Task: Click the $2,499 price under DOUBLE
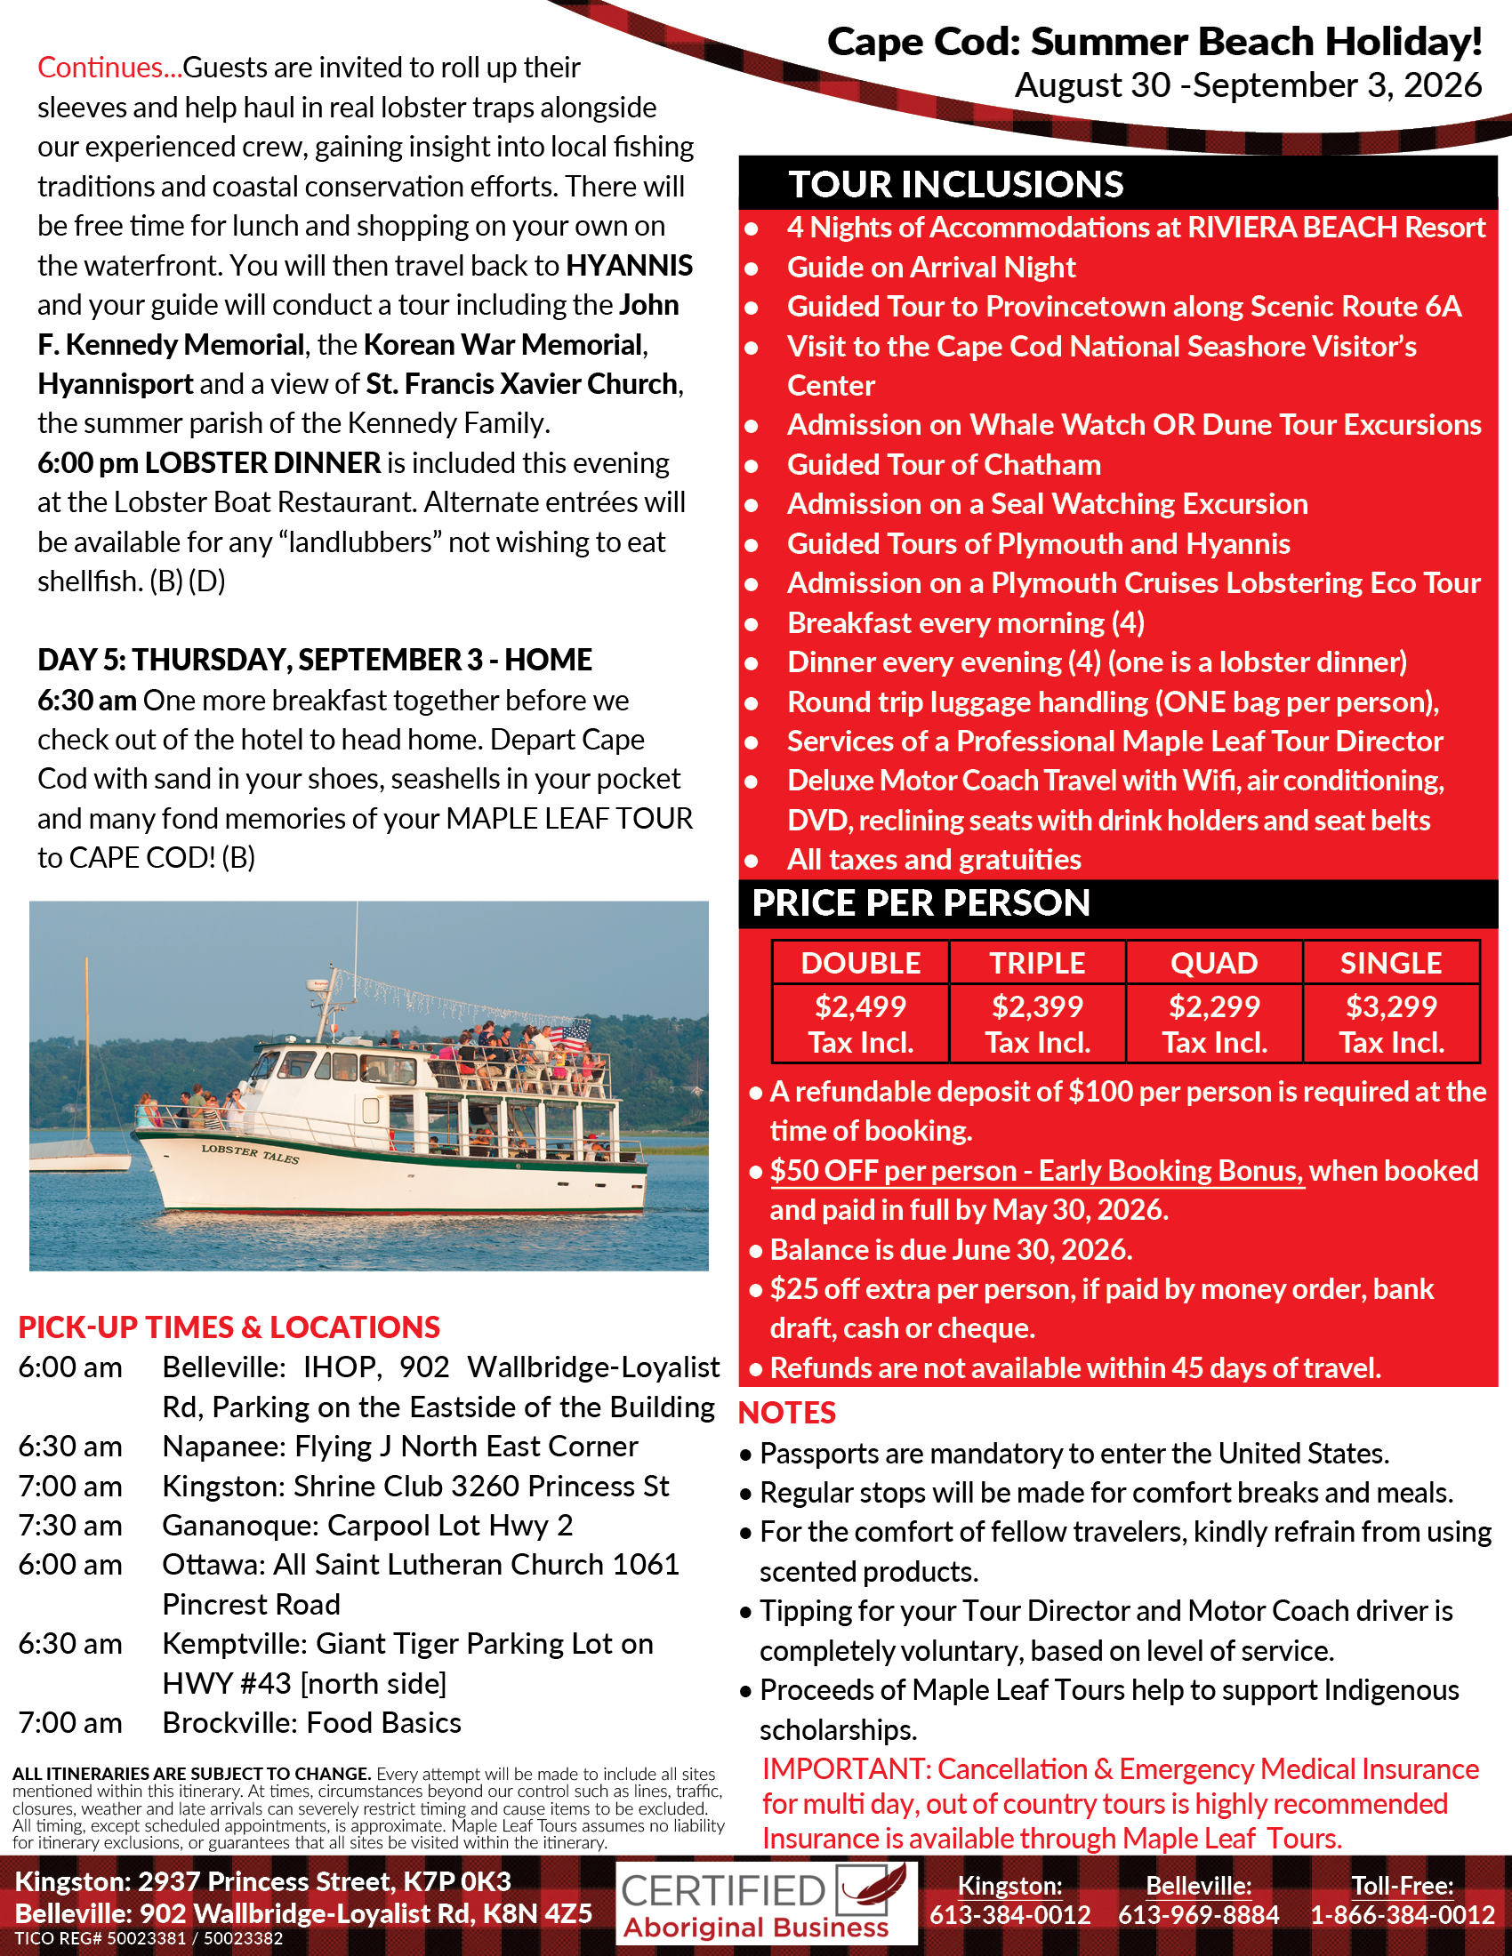[x=860, y=1006]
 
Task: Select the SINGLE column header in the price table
[x=1390, y=963]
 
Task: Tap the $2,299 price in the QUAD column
[x=1214, y=1006]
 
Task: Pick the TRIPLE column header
[x=1036, y=963]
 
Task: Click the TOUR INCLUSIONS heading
[x=955, y=185]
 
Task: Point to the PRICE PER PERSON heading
[x=921, y=902]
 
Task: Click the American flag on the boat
[x=575, y=1037]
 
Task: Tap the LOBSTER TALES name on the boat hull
[x=250, y=1153]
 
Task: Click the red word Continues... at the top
[x=109, y=68]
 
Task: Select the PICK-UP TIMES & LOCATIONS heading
[x=229, y=1327]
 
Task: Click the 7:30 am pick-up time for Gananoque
[x=70, y=1525]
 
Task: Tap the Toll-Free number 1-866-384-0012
[x=1402, y=1915]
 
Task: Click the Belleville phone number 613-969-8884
[x=1199, y=1915]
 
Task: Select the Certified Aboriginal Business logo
[x=766, y=1904]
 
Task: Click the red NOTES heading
[x=786, y=1413]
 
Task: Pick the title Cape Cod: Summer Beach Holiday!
[x=1154, y=42]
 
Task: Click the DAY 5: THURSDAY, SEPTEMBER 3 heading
[x=313, y=660]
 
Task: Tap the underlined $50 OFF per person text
[x=1036, y=1171]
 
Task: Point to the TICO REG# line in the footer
[x=149, y=1939]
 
